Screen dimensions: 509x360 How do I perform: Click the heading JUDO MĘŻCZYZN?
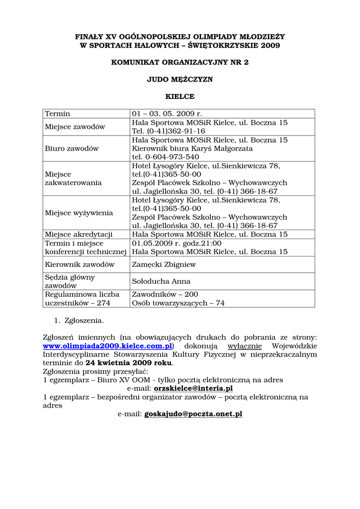(x=180, y=80)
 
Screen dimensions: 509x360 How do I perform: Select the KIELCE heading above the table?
(x=180, y=96)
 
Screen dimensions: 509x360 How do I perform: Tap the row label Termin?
(x=58, y=114)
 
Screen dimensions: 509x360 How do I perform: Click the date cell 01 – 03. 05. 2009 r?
(x=167, y=114)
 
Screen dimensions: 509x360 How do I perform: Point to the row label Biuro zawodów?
(x=72, y=148)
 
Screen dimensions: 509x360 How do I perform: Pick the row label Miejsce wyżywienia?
(x=79, y=213)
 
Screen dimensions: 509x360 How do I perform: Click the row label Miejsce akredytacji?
(x=79, y=234)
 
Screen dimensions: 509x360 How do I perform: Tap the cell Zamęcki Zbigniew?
(x=164, y=264)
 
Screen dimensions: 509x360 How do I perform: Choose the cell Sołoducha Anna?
(x=161, y=281)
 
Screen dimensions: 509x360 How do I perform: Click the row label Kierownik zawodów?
(x=80, y=264)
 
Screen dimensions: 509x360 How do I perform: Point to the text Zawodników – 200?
(x=165, y=294)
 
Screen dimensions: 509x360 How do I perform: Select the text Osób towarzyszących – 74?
(x=178, y=303)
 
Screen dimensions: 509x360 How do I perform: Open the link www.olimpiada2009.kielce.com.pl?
(x=107, y=346)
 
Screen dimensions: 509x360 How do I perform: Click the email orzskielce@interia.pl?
(x=193, y=388)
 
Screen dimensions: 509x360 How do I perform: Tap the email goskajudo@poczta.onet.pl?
(x=193, y=414)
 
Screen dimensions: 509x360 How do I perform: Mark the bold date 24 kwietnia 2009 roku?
(x=128, y=363)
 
